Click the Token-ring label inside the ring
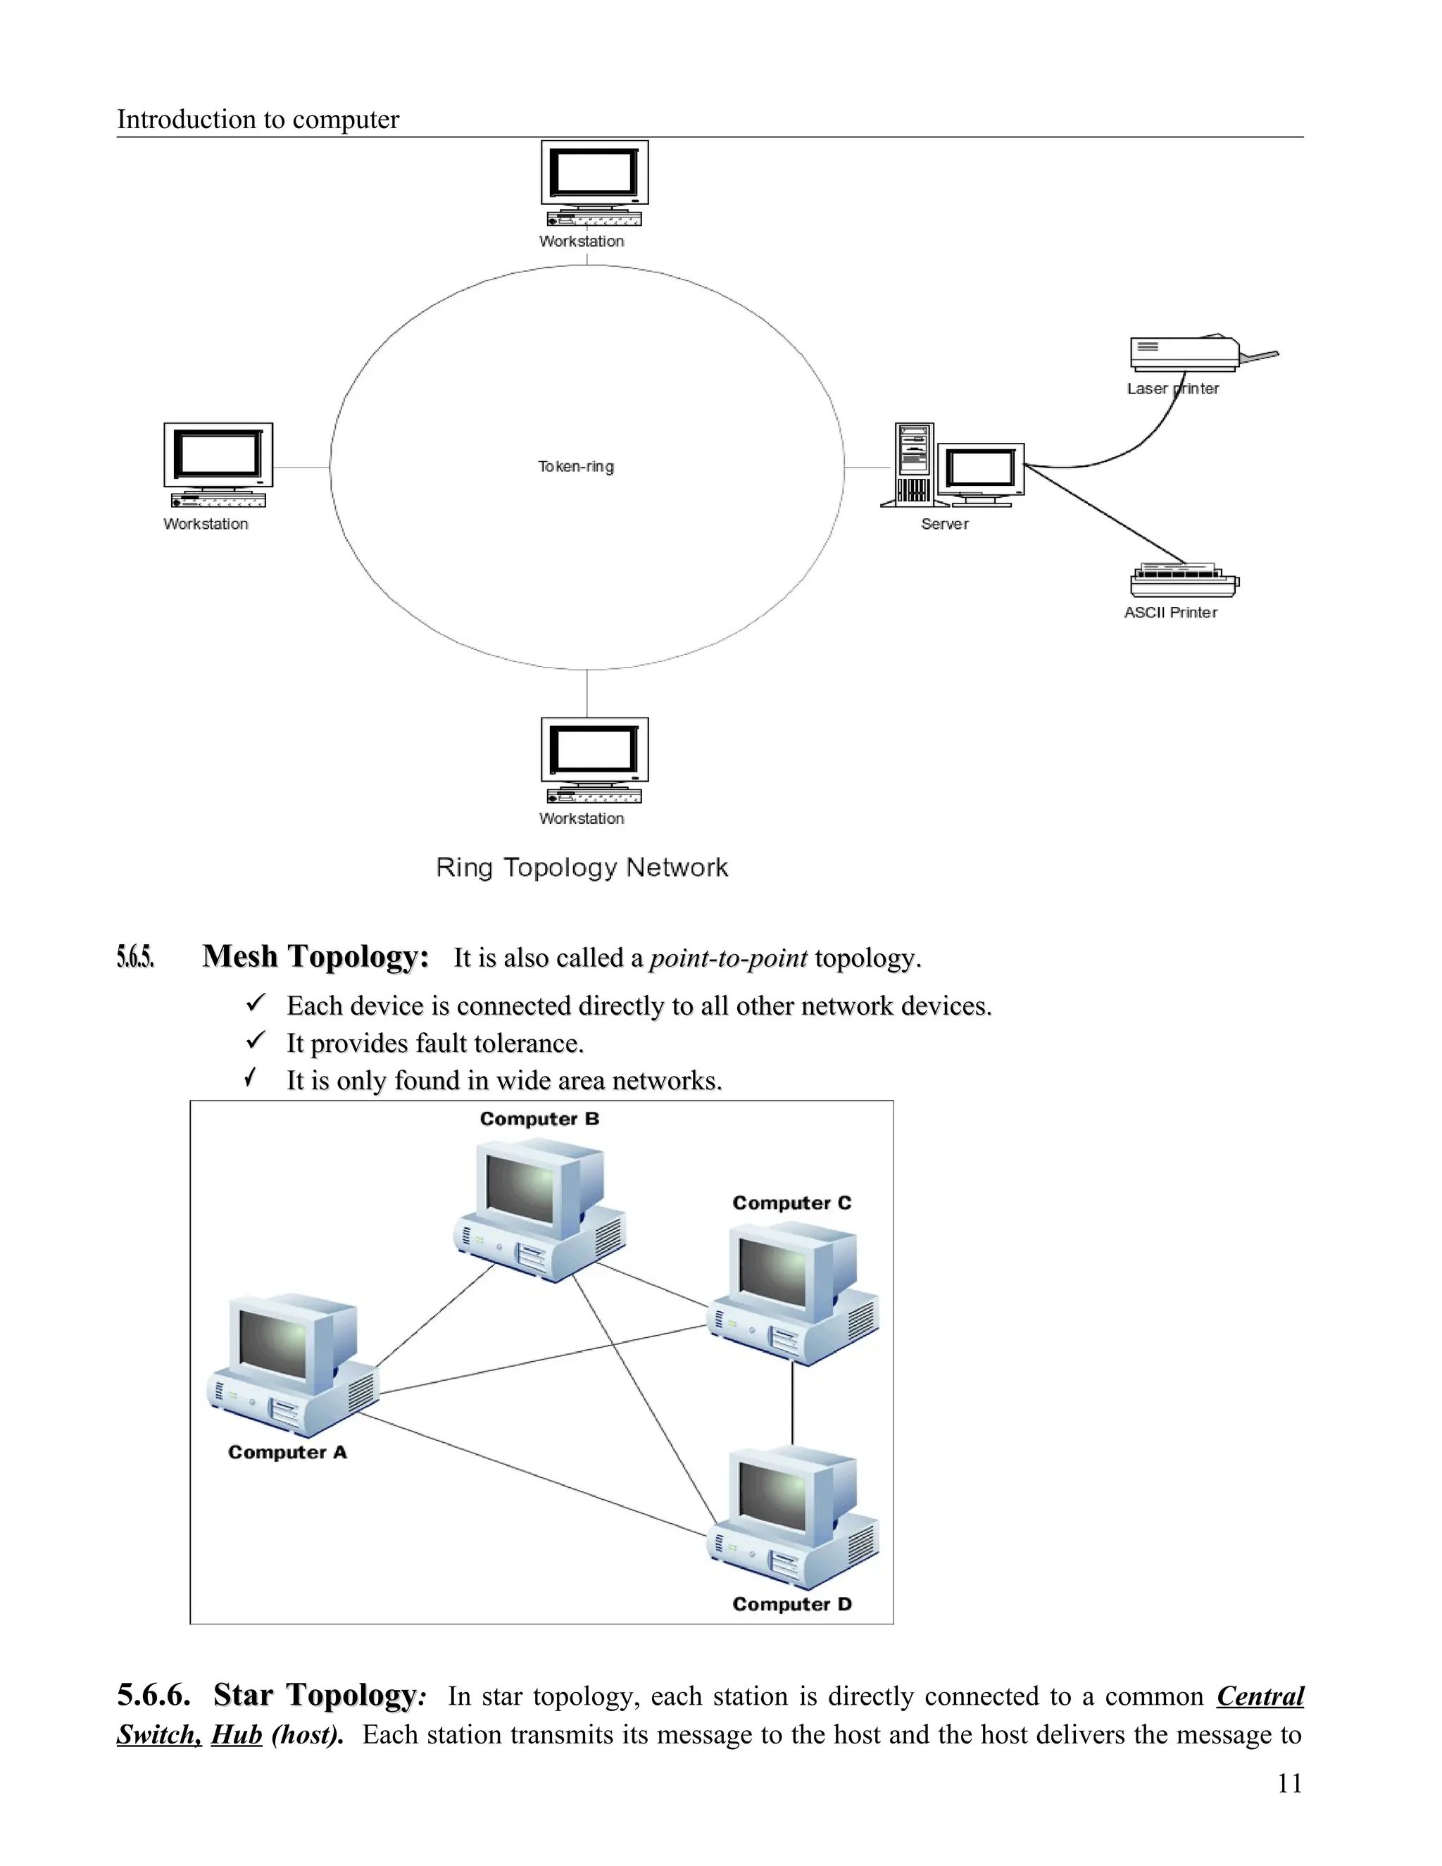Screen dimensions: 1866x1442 tap(576, 466)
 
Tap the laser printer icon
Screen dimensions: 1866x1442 tap(1185, 353)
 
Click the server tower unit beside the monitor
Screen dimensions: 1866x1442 tap(913, 464)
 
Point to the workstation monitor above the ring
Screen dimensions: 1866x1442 tap(594, 173)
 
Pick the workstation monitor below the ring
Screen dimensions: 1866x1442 tap(594, 749)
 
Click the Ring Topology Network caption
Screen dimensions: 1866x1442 tap(582, 868)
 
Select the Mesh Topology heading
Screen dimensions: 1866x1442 tap(315, 956)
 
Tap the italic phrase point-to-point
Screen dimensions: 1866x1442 tap(728, 958)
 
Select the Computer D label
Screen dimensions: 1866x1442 tap(792, 1603)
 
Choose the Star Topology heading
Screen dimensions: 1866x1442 tap(315, 1695)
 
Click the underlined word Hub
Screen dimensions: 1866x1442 tap(237, 1735)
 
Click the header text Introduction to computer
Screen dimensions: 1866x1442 tap(258, 119)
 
